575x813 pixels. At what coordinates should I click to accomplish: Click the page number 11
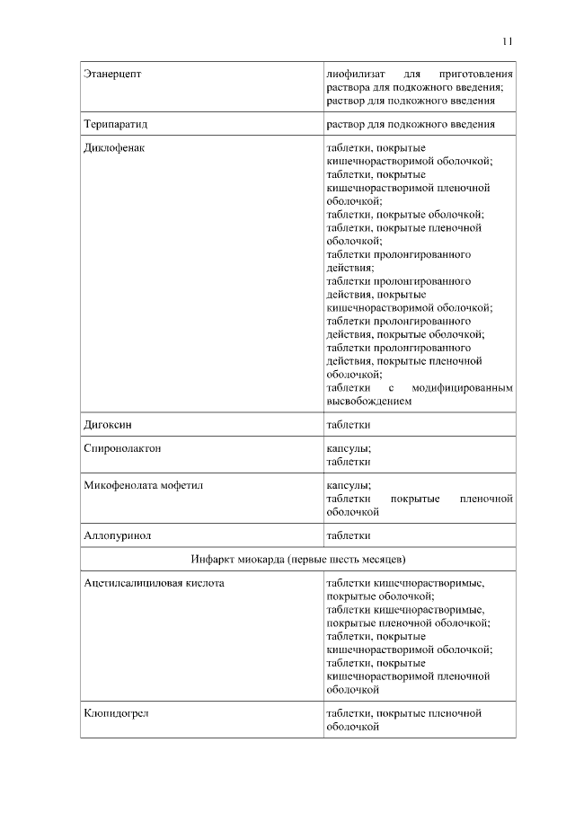click(508, 40)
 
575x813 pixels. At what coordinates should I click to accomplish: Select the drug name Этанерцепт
click(112, 73)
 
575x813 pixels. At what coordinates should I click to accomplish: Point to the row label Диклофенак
click(114, 148)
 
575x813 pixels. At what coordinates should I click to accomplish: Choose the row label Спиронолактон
click(122, 447)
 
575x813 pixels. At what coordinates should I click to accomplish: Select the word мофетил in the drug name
click(182, 485)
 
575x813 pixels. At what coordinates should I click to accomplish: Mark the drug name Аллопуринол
click(117, 535)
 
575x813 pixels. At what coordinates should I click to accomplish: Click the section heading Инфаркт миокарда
click(238, 560)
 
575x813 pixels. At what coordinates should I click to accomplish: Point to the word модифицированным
click(463, 388)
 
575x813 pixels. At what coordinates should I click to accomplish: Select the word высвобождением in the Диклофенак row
click(368, 402)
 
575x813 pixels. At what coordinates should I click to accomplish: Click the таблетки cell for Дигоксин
click(349, 424)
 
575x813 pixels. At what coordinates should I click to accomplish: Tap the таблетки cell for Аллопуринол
click(349, 535)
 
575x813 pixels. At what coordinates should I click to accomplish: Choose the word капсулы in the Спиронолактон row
click(348, 447)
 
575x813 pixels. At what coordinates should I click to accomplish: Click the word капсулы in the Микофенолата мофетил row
click(348, 485)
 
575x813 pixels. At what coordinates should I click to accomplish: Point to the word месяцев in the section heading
click(381, 560)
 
